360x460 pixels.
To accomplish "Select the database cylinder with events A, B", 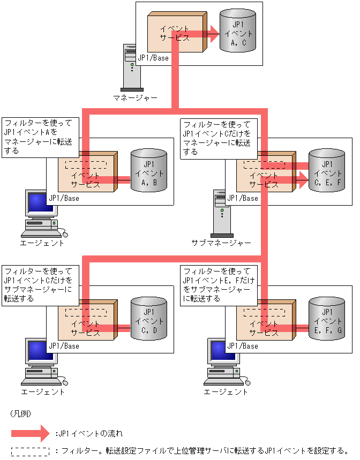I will (x=148, y=170).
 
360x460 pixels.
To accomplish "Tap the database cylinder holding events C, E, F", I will (x=327, y=170).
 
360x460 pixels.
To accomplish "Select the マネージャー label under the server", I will (x=135, y=98).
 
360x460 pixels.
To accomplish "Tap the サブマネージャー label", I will (x=221, y=243).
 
